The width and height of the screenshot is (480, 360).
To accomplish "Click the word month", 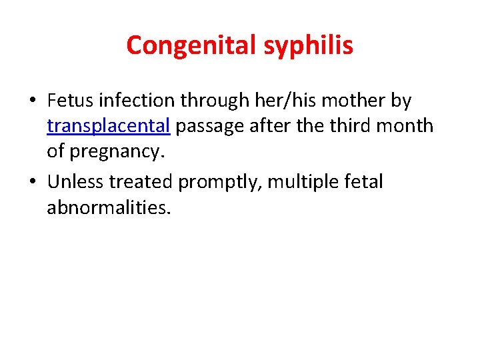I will click(409, 125).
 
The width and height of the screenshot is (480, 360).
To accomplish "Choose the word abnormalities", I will click(109, 207).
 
